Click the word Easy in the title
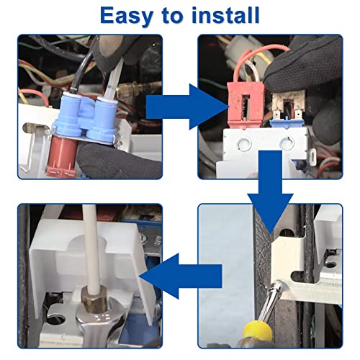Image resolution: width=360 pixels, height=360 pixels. click(127, 16)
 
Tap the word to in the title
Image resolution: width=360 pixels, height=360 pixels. click(173, 16)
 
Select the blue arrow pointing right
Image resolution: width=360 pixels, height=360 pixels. click(186, 107)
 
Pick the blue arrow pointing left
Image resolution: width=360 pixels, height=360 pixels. click(181, 276)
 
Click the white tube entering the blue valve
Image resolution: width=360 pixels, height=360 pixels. click(113, 78)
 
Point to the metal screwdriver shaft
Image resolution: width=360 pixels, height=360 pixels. click(271, 300)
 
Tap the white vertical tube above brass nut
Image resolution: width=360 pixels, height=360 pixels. click(91, 247)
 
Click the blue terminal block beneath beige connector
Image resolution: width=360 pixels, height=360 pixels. click(286, 123)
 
